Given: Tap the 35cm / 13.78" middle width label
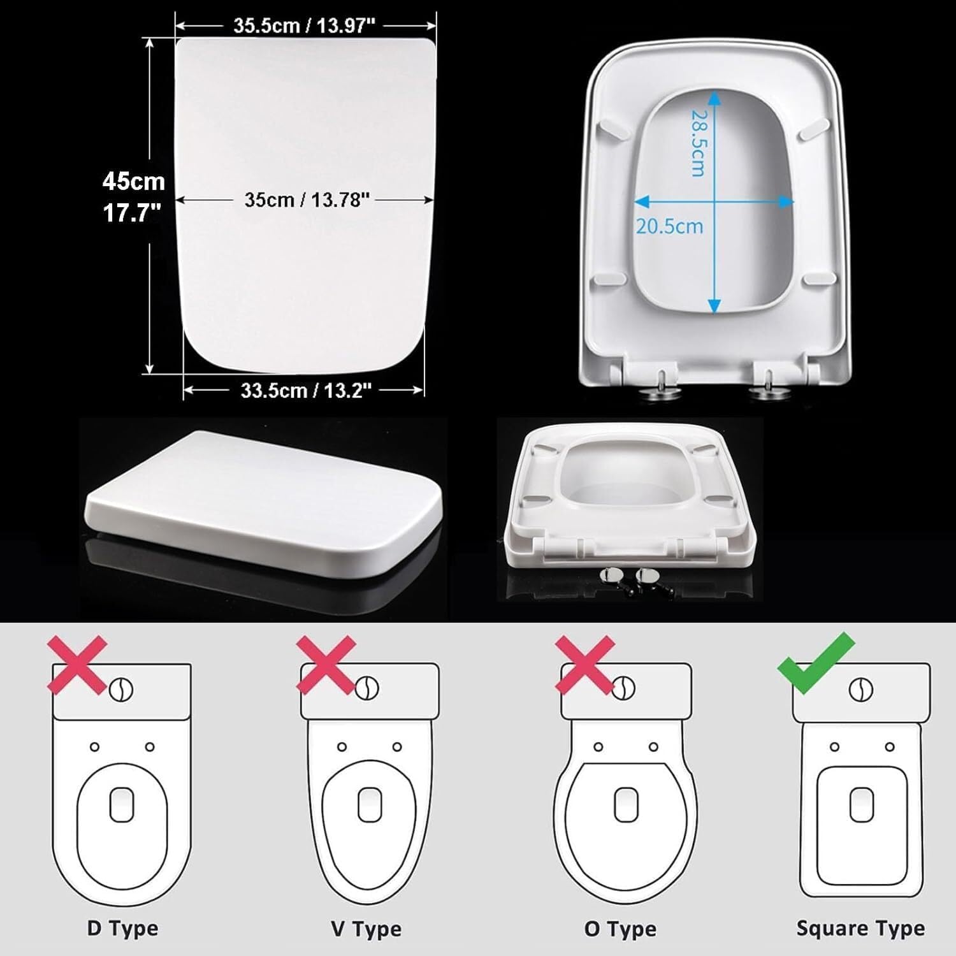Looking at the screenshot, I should coord(307,200).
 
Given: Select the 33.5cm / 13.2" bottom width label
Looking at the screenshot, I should coord(305,390).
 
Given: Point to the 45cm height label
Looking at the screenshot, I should coord(134,182).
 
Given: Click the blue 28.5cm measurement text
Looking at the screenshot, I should coord(699,143).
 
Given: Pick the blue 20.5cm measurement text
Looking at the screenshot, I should coord(669,226).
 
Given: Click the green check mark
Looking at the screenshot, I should coord(816,663).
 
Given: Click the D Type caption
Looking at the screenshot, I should coord(122,928).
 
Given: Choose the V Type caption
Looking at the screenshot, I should coord(366,929).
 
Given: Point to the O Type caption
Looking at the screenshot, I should coord(619,929).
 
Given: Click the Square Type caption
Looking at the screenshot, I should coord(860,928).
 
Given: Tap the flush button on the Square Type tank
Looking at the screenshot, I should coord(862,690).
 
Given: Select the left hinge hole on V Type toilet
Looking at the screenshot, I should coord(342,746).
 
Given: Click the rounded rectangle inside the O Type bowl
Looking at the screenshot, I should coord(626,804).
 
